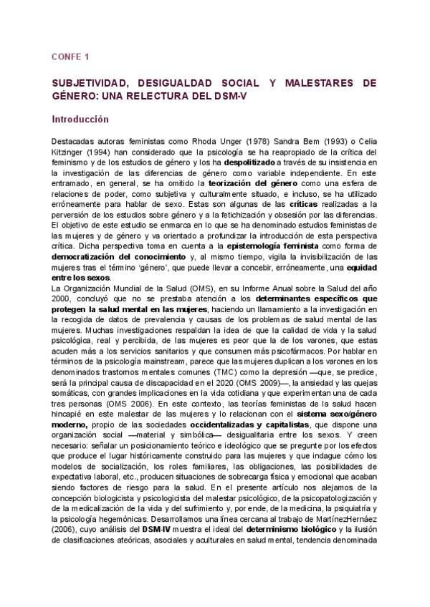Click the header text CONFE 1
click(70, 57)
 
